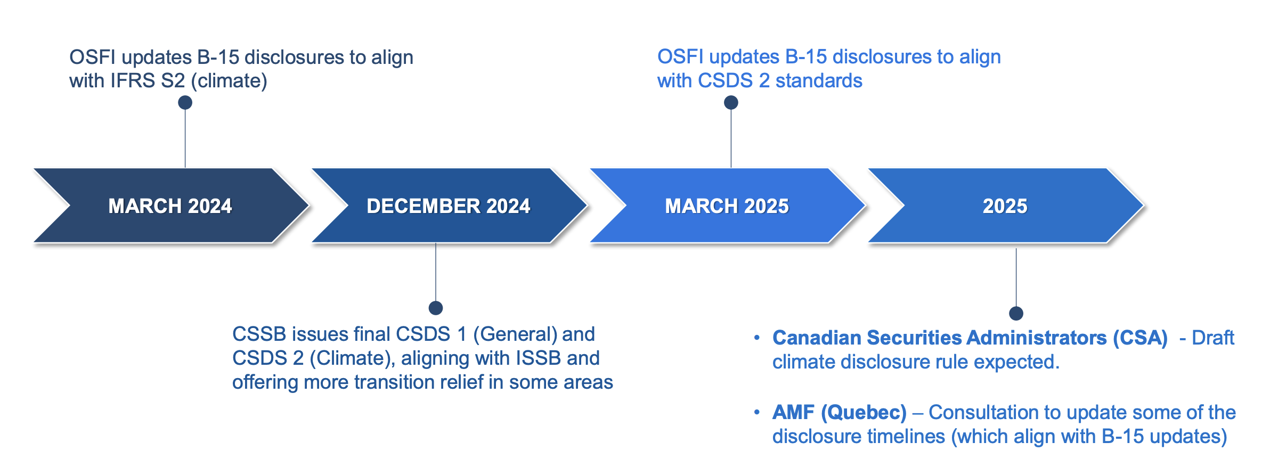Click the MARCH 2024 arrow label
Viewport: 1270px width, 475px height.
[x=170, y=206]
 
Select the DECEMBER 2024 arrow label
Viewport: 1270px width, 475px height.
[x=448, y=206]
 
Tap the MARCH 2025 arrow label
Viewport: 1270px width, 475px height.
[x=727, y=206]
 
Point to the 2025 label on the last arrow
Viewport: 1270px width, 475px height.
[x=1005, y=206]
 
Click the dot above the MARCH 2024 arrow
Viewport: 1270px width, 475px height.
[x=185, y=102]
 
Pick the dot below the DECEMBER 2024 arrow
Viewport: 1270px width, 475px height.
[x=436, y=308]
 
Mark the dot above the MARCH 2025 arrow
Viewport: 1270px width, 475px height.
[x=731, y=102]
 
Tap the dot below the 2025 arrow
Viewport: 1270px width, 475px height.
[x=1016, y=313]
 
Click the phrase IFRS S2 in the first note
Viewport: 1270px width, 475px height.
[x=148, y=81]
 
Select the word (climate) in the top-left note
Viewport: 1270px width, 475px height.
[x=229, y=81]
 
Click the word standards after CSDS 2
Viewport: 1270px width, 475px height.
[x=819, y=81]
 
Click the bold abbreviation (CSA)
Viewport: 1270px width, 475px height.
[x=1140, y=338]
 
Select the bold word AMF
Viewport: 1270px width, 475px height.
[x=793, y=412]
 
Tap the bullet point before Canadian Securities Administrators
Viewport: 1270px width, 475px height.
[x=756, y=338]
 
